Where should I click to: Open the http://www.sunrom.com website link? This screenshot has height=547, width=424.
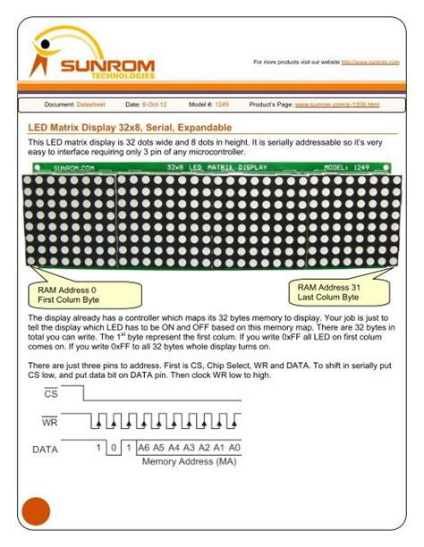pos(369,62)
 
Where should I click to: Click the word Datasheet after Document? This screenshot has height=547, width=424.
pos(92,105)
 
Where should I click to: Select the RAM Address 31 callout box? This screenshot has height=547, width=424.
pos(328,292)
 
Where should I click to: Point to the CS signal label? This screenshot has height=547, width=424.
pos(51,393)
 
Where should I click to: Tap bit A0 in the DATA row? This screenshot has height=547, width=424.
pos(235,448)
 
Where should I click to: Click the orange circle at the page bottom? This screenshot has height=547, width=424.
pos(35,512)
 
